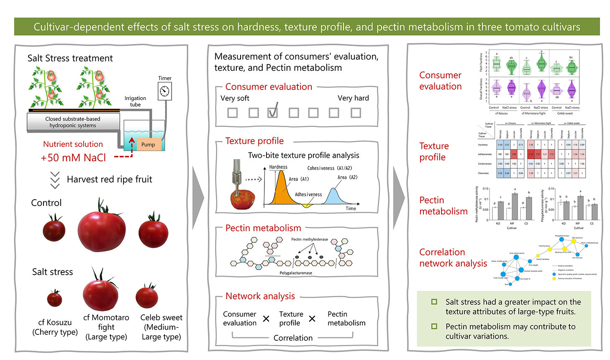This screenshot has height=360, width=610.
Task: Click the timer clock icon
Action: point(164,91)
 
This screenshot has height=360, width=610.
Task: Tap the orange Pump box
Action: point(148,144)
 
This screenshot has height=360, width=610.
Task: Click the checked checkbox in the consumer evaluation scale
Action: point(273,112)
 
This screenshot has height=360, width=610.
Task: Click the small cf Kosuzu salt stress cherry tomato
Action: point(54,299)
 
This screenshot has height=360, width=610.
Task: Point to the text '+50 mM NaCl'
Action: point(73,158)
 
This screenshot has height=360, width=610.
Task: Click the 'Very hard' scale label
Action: point(353,98)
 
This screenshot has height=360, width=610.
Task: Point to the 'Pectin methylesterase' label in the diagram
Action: point(309,239)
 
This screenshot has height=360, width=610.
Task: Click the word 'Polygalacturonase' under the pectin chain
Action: point(296,273)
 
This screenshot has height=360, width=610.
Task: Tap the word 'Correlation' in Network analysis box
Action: point(293,338)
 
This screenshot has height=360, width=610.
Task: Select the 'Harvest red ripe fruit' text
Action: point(109,180)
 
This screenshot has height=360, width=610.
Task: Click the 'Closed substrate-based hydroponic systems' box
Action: point(73,122)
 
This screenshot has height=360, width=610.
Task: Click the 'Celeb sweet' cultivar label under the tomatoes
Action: point(161,318)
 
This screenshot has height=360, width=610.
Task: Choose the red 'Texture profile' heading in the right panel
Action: point(434,152)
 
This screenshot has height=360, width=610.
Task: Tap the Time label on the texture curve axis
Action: point(351,208)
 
